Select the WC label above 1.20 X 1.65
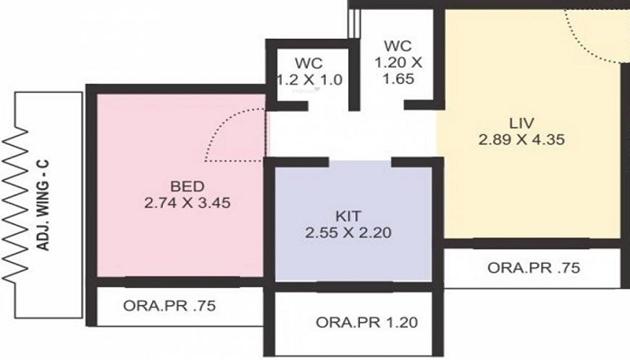pos(397,45)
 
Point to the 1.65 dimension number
pos(397,78)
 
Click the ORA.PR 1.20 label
pos(366,322)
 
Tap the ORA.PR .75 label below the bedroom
pos(168,304)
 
